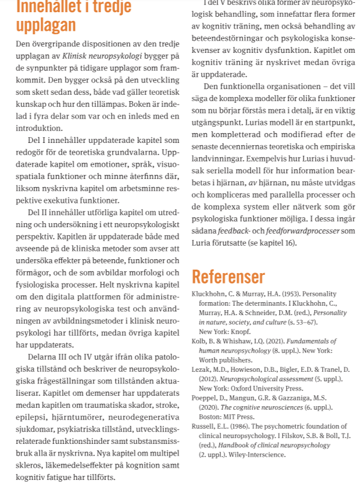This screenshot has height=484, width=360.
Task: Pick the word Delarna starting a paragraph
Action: [x=41, y=356]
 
